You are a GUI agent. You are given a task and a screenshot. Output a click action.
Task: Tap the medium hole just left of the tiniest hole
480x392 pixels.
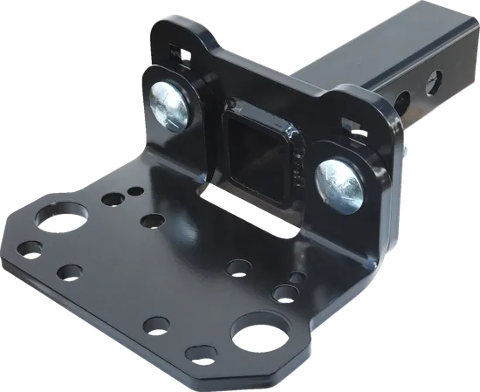pyautogui.click(x=112, y=200)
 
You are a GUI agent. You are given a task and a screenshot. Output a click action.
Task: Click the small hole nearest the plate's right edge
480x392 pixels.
pyautogui.click(x=297, y=279)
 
